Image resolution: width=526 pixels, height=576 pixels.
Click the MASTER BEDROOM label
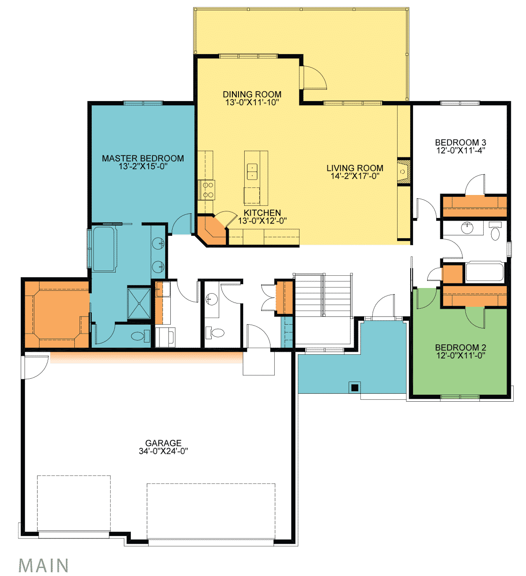tap(143, 158)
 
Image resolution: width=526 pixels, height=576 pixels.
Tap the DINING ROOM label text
tap(252, 94)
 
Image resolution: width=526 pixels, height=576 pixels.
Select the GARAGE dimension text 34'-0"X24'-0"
tap(163, 451)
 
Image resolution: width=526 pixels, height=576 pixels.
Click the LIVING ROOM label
tap(355, 168)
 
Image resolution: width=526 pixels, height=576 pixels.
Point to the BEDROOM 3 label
tap(460, 142)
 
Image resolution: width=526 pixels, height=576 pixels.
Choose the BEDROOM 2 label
tap(460, 348)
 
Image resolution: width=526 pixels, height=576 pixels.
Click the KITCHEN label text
tap(262, 213)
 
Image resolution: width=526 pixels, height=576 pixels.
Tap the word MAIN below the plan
tap(43, 565)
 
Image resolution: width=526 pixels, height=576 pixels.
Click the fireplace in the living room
tap(404, 171)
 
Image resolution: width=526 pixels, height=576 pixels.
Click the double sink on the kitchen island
tap(252, 171)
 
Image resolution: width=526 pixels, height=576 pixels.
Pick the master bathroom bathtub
tap(104, 249)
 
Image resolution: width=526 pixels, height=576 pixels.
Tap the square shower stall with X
tap(139, 303)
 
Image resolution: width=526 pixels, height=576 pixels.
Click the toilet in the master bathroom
tap(141, 335)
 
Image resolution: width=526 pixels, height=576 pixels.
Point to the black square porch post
tap(355, 388)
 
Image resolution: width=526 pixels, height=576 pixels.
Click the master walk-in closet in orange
tap(56, 314)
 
